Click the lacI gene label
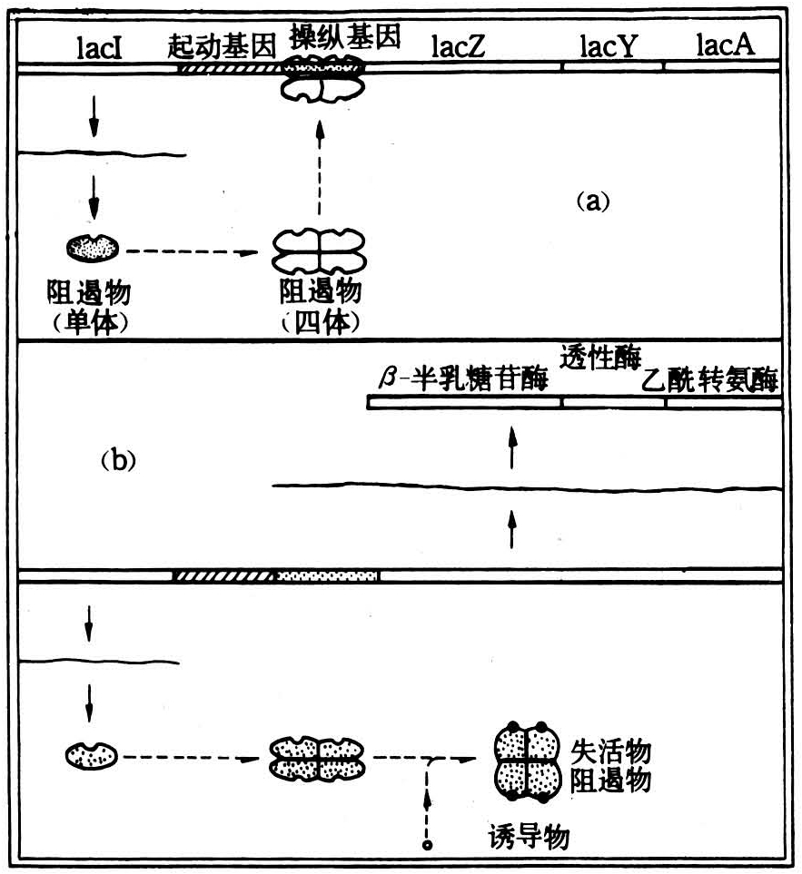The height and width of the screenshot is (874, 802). pos(99,47)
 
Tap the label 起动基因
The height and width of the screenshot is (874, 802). pos(222,45)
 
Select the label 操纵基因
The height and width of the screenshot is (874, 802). pos(344,37)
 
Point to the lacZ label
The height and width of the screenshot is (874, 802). pos(458,45)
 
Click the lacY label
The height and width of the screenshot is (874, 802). pos(608,45)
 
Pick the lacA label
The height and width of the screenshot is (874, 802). pos(726,44)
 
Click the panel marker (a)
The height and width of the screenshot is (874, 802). pos(593,200)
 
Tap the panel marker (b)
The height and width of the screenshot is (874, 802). pos(118,460)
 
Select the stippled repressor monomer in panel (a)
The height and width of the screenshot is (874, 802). pos(92,248)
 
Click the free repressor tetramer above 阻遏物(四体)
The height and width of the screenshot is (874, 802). pos(319,251)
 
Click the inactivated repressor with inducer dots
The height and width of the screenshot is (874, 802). pos(527,761)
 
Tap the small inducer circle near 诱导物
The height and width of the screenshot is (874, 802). pos(428,846)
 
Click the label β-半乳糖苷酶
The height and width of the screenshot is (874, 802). pos(463,378)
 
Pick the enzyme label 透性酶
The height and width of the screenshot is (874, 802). pos(600,357)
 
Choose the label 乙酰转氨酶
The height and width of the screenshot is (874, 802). pos(709,380)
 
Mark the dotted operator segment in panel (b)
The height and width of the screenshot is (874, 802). pos(327,575)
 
